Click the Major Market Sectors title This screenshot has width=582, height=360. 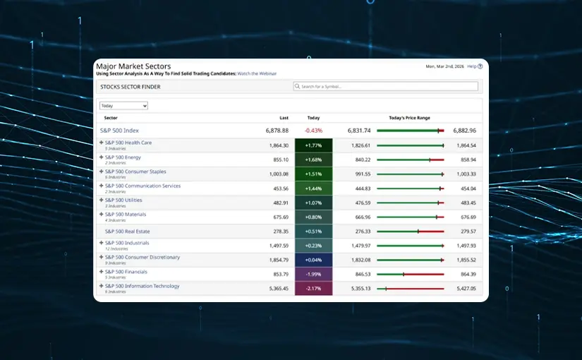[x=133, y=66]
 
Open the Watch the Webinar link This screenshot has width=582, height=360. [x=257, y=73]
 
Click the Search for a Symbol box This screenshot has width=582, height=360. [x=385, y=86]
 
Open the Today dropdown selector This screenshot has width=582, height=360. [x=123, y=106]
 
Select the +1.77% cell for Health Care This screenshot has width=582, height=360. [x=313, y=145]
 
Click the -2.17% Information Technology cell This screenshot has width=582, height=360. [x=313, y=289]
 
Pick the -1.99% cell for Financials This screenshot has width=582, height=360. [x=313, y=274]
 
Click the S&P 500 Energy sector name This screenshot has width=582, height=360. [x=123, y=157]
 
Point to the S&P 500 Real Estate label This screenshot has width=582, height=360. [x=127, y=231]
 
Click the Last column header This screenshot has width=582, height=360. [x=284, y=118]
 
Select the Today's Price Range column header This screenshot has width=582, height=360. [x=409, y=118]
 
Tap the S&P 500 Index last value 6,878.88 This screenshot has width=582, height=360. [x=277, y=131]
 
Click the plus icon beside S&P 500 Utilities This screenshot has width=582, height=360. [x=101, y=200]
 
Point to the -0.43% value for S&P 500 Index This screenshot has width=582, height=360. [x=313, y=131]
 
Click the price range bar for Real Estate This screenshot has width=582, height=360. [x=410, y=231]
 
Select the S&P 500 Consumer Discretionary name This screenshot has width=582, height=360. [x=142, y=257]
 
